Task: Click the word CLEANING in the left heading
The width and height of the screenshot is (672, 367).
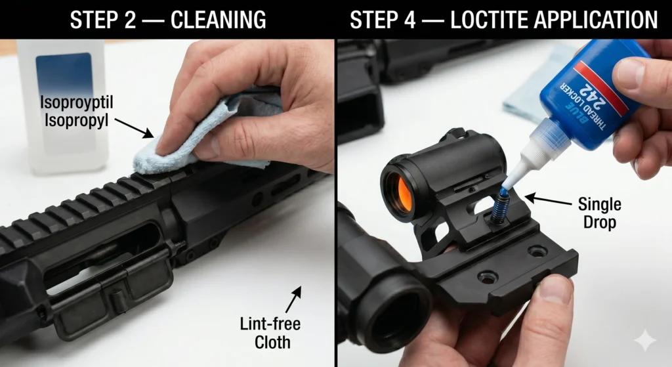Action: pyautogui.click(x=219, y=20)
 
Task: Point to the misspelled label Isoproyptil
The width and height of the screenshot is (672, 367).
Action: pyautogui.click(x=77, y=103)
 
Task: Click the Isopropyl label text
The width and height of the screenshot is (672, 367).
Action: pyautogui.click(x=77, y=121)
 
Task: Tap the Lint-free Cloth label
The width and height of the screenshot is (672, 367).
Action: pyautogui.click(x=270, y=333)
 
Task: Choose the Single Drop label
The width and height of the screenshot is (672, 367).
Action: pyautogui.click(x=600, y=213)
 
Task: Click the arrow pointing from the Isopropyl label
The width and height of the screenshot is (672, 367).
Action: pyautogui.click(x=134, y=128)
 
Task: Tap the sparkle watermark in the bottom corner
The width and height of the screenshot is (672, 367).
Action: pyautogui.click(x=645, y=341)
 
